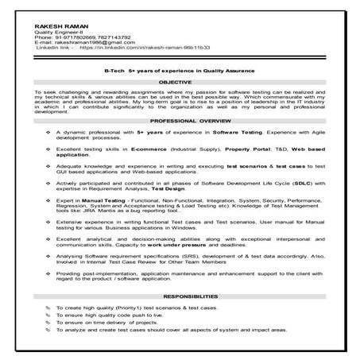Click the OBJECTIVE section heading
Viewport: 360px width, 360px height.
pyautogui.click(x=180, y=82)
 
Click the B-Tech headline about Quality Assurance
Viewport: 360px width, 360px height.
pyautogui.click(x=180, y=70)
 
